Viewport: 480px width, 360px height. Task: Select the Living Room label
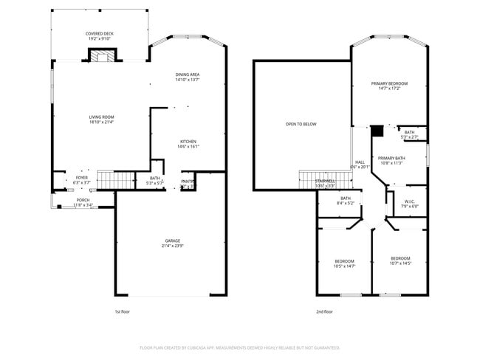pyautogui.click(x=101, y=120)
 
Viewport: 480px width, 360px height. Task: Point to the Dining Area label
pyautogui.click(x=188, y=77)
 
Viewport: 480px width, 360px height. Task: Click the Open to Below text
pyautogui.click(x=301, y=124)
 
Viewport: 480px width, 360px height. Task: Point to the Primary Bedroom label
pyautogui.click(x=388, y=86)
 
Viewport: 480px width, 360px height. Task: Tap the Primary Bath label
pyautogui.click(x=391, y=161)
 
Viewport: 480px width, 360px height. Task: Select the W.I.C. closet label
pyautogui.click(x=410, y=204)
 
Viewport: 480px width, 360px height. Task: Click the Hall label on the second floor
pyautogui.click(x=360, y=165)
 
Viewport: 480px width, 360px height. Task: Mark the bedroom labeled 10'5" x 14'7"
pyautogui.click(x=344, y=263)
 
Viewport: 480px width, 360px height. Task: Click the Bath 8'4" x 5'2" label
pyautogui.click(x=346, y=200)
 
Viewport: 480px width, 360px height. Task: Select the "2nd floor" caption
pyautogui.click(x=323, y=311)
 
